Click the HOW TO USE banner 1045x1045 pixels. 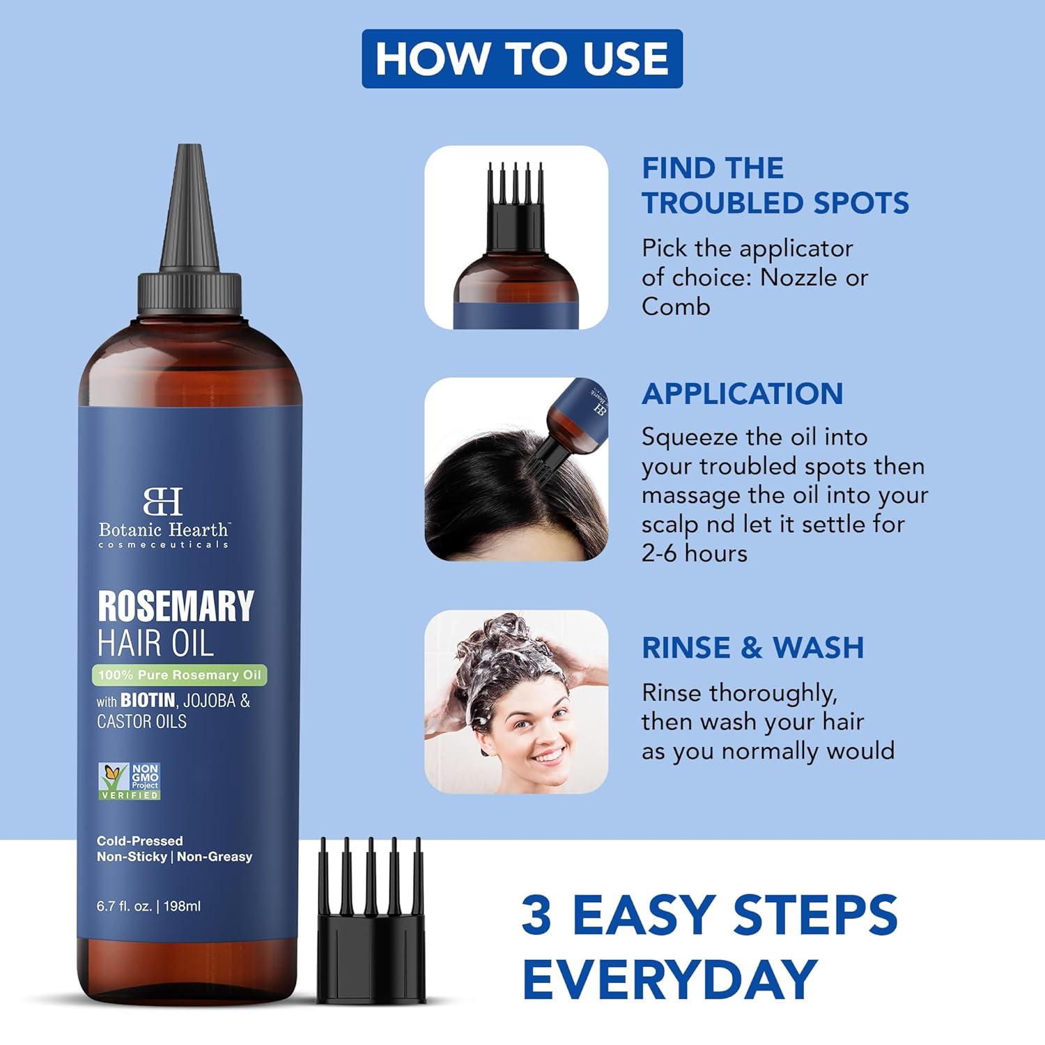point(522,59)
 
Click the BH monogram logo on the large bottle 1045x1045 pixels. point(163,501)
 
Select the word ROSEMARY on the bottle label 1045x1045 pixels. point(176,606)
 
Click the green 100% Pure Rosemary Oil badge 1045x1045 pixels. point(180,674)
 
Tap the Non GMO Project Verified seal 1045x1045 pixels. point(130,780)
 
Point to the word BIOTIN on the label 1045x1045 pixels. point(148,700)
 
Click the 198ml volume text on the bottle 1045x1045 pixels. point(182,906)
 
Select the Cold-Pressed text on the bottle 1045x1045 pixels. point(139,841)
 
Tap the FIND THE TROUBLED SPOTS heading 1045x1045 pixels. point(775,185)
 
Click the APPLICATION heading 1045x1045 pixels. point(742,394)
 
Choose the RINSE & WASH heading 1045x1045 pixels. point(752,648)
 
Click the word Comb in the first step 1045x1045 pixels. point(676,307)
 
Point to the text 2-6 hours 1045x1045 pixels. point(694,553)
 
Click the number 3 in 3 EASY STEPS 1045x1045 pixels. point(536,915)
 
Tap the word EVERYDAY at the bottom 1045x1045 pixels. point(669,980)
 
